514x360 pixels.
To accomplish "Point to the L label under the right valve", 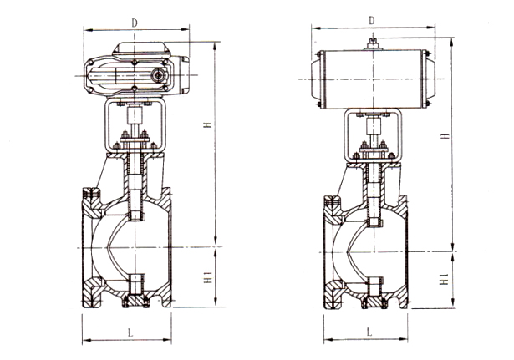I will (369, 332).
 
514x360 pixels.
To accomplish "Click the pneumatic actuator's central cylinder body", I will (374, 79).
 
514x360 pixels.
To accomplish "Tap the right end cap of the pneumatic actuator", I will (429, 79).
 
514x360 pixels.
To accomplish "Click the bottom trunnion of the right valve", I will (371, 297).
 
